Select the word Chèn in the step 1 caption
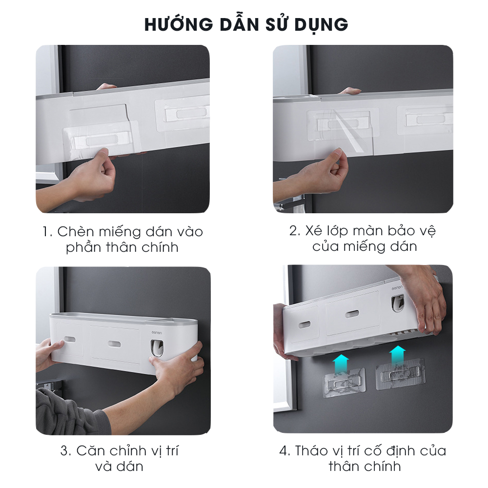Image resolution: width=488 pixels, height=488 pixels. tap(76, 231)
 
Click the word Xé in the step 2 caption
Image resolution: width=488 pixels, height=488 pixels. tap(313, 231)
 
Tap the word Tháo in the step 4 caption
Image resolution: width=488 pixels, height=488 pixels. tap(311, 450)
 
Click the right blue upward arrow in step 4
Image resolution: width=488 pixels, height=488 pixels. tap(397, 356)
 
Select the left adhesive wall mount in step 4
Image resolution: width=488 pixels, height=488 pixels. tap(344, 382)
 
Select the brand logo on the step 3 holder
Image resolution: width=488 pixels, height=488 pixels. tap(157, 333)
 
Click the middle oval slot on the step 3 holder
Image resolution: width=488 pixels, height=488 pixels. tap(115, 344)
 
